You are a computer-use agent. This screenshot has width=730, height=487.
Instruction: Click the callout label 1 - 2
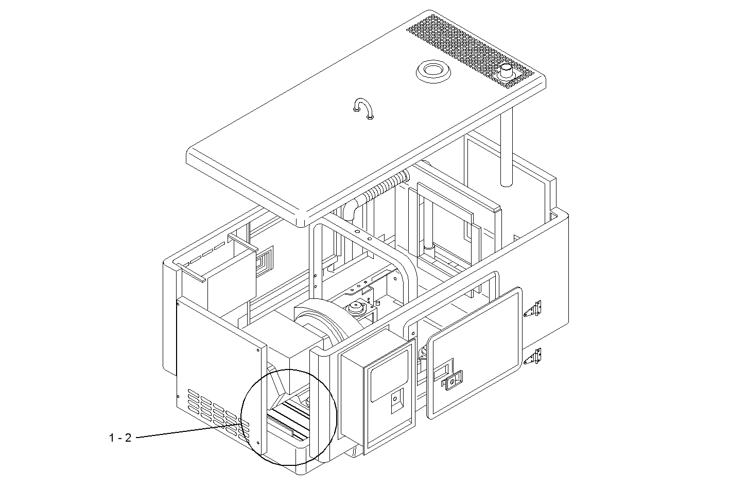pos(120,438)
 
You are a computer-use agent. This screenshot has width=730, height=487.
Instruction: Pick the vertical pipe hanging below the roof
pos(507,149)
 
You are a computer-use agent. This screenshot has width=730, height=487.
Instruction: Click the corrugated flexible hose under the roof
pos(386,186)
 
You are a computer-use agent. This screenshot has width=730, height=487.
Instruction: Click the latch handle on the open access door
pos(453,380)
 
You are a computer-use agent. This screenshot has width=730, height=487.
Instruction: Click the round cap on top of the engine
pos(354,308)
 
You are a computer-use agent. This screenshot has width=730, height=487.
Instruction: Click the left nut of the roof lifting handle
pos(357,108)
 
